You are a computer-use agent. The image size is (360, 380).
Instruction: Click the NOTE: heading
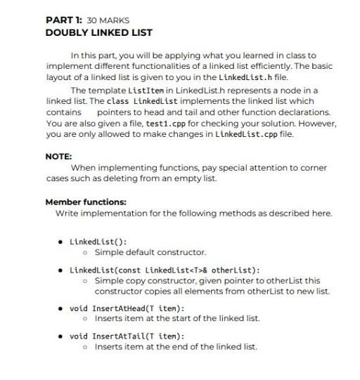coord(58,157)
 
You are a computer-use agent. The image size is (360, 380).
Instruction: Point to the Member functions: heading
coord(86,202)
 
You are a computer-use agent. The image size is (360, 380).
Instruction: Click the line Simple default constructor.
coord(150,251)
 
